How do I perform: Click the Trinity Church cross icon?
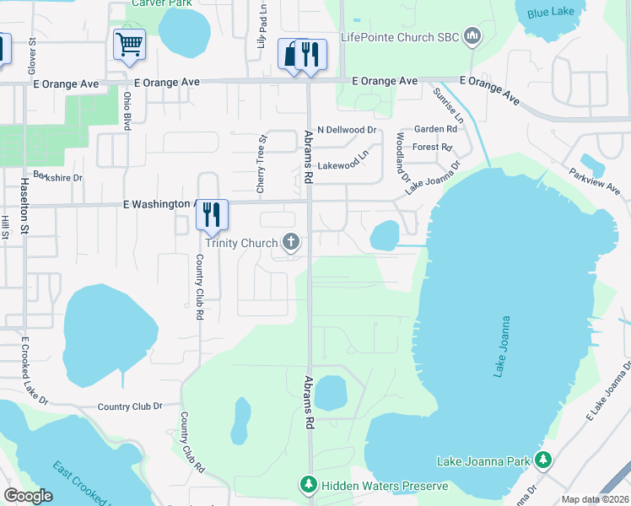tap(291, 243)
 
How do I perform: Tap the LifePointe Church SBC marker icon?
tap(472, 36)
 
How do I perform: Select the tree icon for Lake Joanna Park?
tap(545, 460)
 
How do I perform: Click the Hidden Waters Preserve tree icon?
tap(310, 485)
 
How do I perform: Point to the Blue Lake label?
tap(548, 13)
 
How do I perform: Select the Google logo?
tap(28, 495)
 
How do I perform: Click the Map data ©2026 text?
tap(595, 499)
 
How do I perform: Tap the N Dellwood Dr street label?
tap(346, 130)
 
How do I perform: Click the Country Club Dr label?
tap(129, 406)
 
